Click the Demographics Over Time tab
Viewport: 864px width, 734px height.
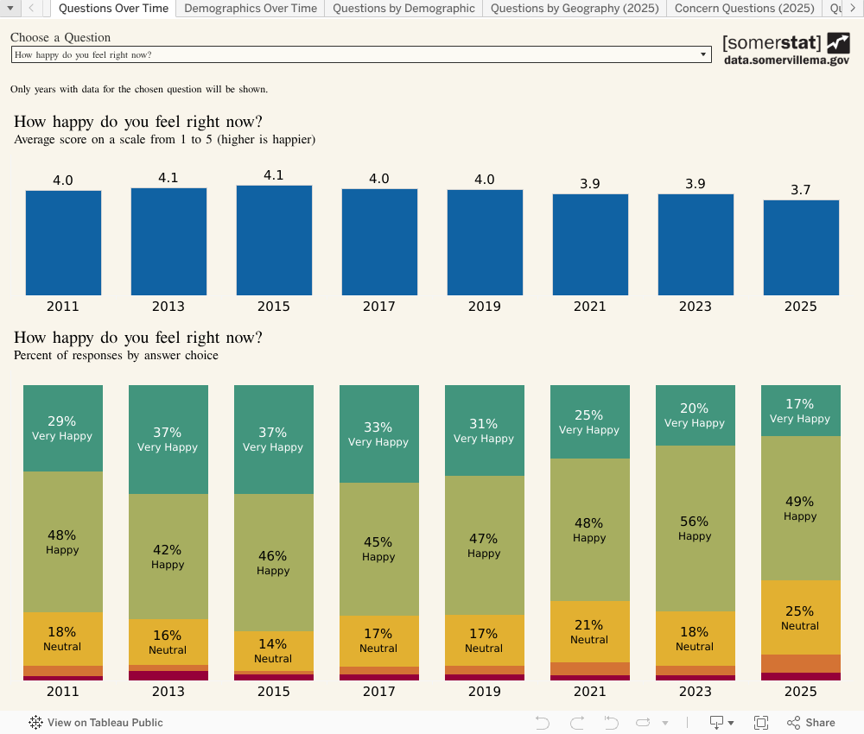251,9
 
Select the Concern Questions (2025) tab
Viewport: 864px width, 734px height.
744,9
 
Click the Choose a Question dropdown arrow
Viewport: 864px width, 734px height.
703,54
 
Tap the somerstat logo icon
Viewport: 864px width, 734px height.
838,42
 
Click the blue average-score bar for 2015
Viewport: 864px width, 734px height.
274,241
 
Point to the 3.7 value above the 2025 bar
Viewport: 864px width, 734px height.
801,190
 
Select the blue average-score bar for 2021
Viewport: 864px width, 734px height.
590,244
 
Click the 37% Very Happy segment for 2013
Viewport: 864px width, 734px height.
168,440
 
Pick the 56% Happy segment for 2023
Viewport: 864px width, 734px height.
695,528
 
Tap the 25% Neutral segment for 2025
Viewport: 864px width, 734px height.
800,617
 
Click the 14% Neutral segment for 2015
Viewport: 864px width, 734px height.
273,651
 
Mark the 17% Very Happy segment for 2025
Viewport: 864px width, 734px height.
800,410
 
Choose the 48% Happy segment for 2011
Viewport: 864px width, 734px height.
62,541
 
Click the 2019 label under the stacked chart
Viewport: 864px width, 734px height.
484,691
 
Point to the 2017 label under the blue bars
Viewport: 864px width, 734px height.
378,307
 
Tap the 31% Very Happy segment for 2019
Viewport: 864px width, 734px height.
484,430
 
